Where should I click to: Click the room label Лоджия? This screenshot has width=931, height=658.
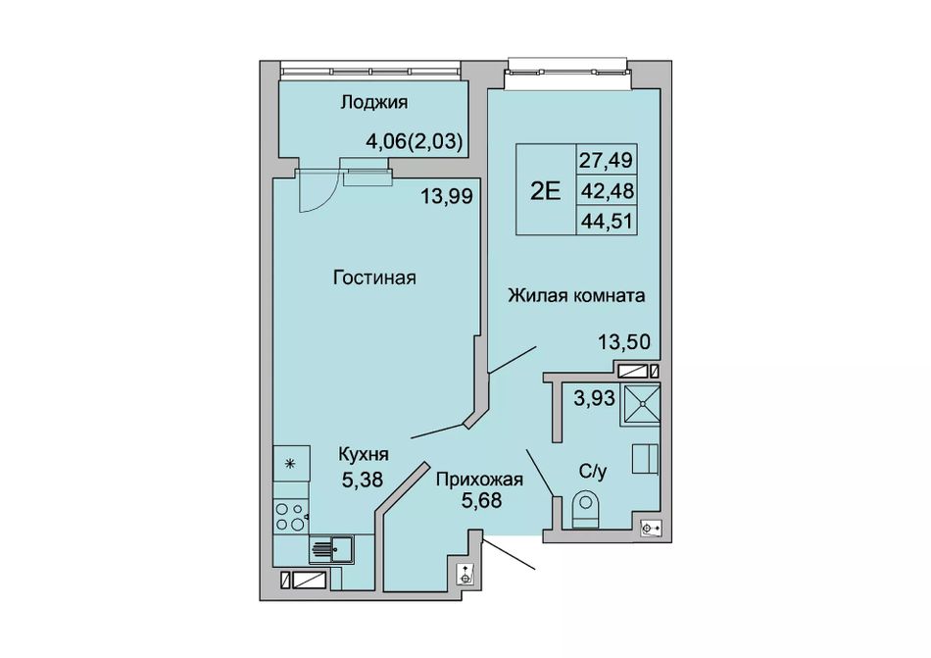coord(374,103)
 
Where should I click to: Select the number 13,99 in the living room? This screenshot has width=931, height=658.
coord(447,196)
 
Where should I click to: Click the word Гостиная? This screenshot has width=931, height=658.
coord(374,278)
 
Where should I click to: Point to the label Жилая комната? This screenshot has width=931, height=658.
coord(576,295)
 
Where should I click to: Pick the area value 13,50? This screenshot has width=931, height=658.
coord(624,342)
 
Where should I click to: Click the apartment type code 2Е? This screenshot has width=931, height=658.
coord(546,191)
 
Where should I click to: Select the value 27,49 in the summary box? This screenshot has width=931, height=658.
coord(607,160)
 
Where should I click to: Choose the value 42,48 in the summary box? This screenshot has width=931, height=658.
coord(607,191)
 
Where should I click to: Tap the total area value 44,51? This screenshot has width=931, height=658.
coord(607,222)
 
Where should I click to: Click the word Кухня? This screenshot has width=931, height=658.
coord(364,455)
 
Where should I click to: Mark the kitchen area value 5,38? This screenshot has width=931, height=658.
coord(363,479)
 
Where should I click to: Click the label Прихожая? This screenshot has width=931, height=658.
coord(480,479)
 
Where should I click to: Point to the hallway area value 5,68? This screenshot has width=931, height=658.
coord(481,501)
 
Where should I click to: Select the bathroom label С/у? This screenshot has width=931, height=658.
coord(593,472)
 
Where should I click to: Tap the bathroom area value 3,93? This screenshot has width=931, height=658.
coord(594,397)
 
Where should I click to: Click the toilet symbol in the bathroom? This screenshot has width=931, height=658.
coord(585,509)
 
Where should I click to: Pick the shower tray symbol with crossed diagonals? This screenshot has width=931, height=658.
coord(640,404)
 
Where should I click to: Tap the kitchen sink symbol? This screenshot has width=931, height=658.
coord(331,548)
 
